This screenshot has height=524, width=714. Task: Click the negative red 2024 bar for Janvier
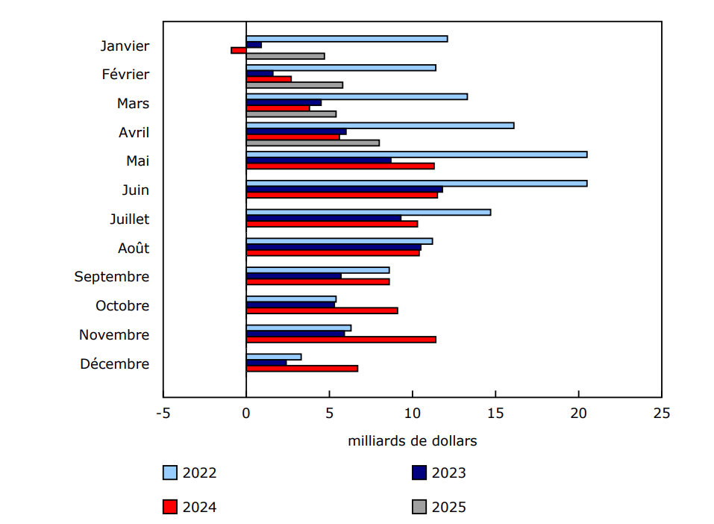click(239, 50)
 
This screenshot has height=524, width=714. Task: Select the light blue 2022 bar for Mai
click(416, 155)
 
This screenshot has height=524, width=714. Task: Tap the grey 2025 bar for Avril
click(313, 143)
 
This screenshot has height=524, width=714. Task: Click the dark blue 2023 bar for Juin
click(344, 189)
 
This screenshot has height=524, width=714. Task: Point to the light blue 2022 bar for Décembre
click(274, 357)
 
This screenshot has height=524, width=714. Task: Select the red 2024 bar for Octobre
click(322, 311)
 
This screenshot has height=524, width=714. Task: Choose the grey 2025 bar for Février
click(295, 85)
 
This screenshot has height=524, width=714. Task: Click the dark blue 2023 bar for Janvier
click(254, 45)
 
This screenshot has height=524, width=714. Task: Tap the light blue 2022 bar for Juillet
click(369, 212)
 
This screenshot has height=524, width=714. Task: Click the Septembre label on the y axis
click(112, 277)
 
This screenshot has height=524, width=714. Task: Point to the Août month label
click(133, 248)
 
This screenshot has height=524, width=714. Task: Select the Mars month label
click(133, 104)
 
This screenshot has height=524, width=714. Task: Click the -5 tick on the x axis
click(163, 413)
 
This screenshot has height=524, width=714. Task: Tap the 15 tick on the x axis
click(495, 413)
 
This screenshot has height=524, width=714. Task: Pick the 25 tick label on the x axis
click(661, 413)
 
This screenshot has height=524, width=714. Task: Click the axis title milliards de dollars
click(412, 441)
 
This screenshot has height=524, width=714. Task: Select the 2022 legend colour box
click(170, 472)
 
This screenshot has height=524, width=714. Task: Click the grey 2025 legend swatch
click(419, 508)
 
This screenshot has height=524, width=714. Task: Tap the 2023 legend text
click(449, 472)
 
